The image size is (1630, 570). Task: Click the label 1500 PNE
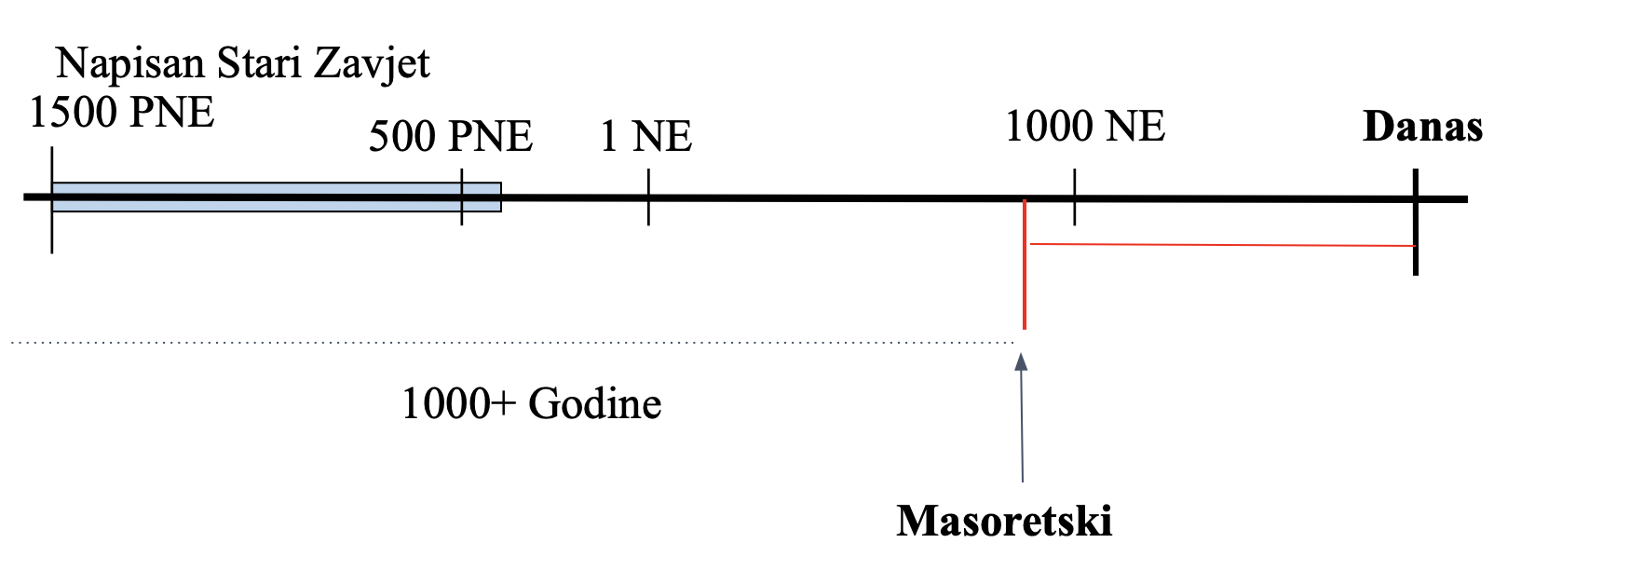122,113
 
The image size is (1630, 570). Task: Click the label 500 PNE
450,136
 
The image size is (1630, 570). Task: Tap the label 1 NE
645,136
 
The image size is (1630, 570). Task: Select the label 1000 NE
1085,126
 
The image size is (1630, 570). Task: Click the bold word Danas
1422,127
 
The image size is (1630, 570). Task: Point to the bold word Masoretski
1004,521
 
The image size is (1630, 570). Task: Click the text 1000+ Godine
531,404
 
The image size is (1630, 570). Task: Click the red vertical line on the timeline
1025,279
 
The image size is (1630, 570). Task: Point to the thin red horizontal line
1220,245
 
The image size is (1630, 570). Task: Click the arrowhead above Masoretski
1022,362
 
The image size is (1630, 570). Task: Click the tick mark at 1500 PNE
52,233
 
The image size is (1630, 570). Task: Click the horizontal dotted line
512,343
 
